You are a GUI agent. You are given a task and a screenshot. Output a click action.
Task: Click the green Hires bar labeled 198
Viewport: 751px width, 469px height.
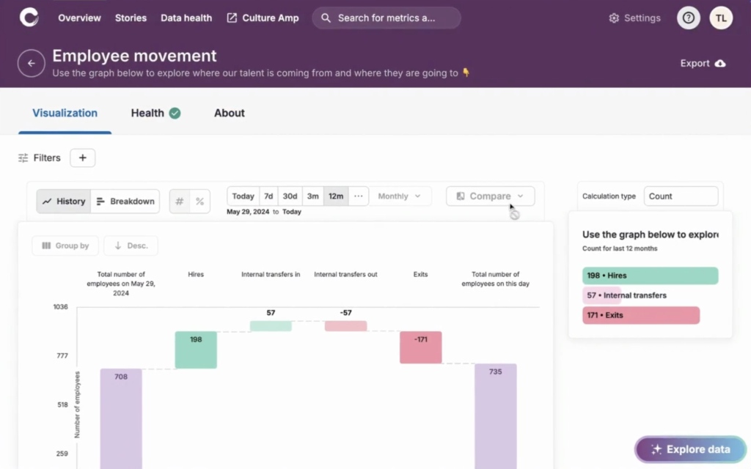[x=196, y=350]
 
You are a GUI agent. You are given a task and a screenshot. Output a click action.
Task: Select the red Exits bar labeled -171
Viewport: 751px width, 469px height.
[x=420, y=347]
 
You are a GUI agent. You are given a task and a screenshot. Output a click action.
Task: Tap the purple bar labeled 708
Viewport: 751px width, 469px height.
[x=121, y=418]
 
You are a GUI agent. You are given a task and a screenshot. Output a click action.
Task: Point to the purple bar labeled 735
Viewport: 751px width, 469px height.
[x=495, y=416]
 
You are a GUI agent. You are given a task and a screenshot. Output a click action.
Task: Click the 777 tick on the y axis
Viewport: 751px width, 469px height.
[x=61, y=356]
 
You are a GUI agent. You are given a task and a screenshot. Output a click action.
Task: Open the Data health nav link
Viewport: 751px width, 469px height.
[x=186, y=18]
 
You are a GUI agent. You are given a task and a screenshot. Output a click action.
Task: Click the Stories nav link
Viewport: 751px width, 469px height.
[x=131, y=18]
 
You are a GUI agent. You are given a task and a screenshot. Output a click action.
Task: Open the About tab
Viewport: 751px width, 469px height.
[x=230, y=113]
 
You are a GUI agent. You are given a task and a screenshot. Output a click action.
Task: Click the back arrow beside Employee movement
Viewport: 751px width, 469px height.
[x=31, y=64]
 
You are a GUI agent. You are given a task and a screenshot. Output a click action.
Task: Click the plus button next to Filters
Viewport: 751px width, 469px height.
[x=82, y=158]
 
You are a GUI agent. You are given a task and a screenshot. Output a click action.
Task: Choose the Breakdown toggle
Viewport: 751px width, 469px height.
[x=125, y=202]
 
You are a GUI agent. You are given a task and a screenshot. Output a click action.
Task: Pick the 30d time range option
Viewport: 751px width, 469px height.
[x=290, y=196]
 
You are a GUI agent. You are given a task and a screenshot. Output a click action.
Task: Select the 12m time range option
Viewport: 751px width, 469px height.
[x=336, y=196]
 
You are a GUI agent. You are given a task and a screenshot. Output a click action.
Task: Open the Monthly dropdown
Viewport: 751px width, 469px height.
[x=399, y=196]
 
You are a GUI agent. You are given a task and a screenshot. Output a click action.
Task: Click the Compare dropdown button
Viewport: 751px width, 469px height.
[x=490, y=196]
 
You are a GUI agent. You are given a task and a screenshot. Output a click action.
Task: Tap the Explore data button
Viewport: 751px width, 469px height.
[x=690, y=449]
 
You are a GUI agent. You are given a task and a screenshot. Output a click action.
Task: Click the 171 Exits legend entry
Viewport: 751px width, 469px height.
[x=641, y=315]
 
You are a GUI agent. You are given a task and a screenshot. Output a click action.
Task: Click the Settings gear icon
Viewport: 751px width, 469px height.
[x=614, y=18]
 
